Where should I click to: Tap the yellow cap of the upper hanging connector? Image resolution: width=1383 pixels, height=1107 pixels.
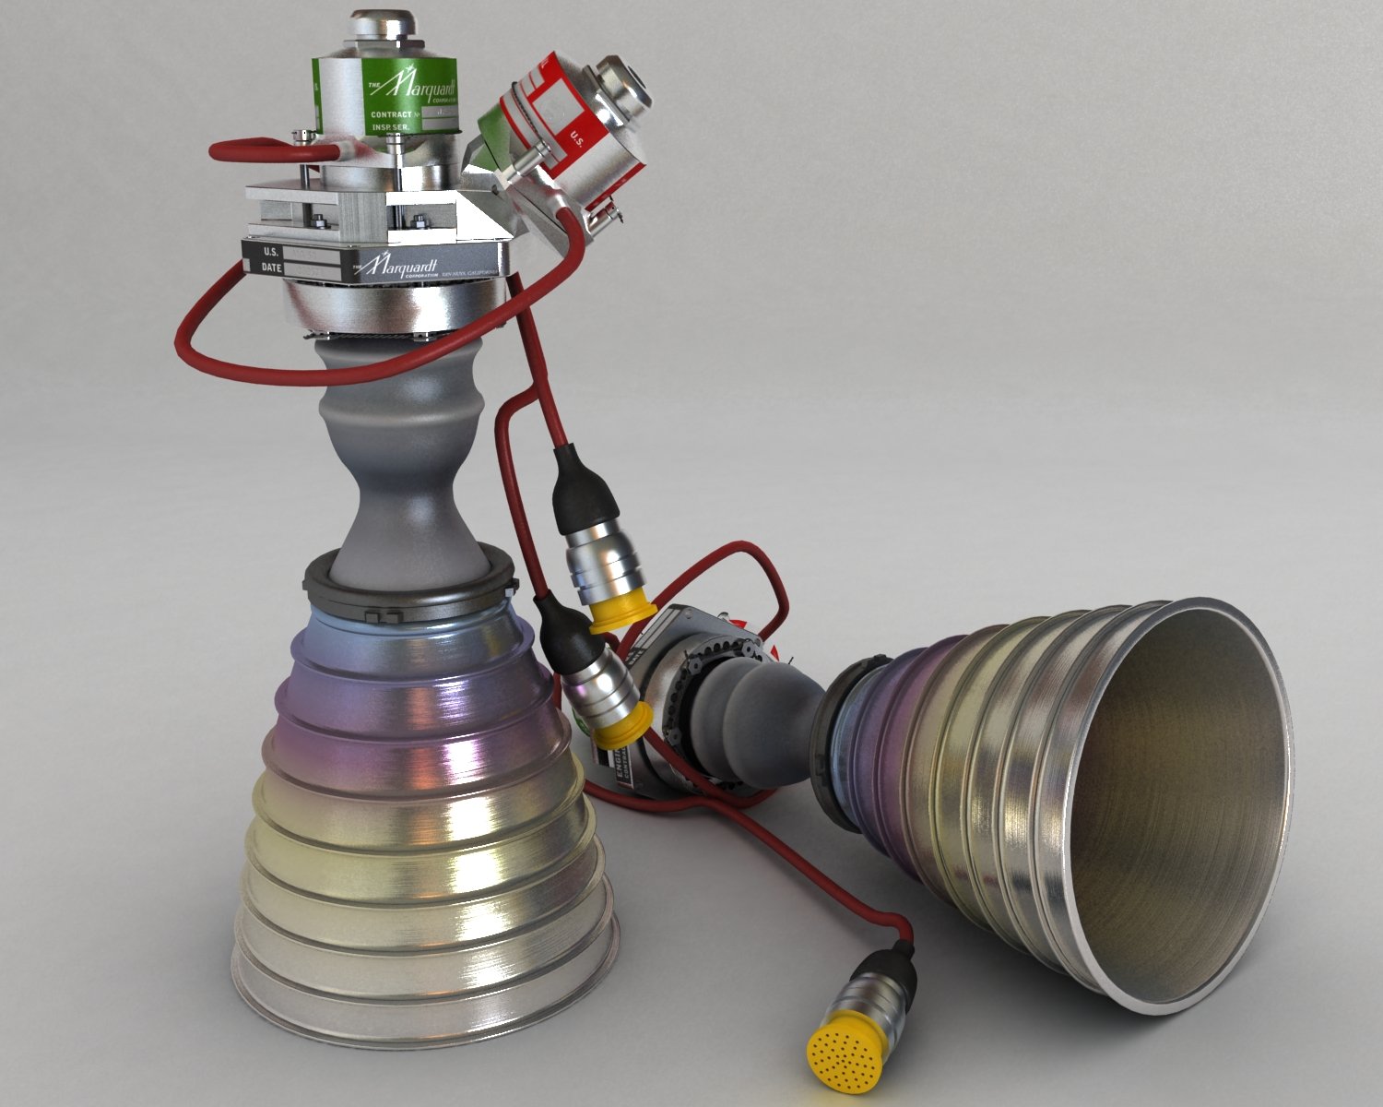coord(623,613)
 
